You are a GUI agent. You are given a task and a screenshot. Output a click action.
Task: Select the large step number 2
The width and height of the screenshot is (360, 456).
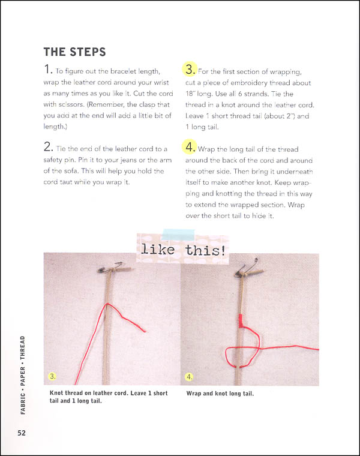pos(48,148)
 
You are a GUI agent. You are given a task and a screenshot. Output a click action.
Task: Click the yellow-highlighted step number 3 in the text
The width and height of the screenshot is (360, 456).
pos(190,71)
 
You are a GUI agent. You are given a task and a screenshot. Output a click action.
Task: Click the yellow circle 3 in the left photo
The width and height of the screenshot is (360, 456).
pos(53,377)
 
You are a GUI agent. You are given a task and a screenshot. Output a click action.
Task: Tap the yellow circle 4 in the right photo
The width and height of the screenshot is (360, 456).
pos(190,377)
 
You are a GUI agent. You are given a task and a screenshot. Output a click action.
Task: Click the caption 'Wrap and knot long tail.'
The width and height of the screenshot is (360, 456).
pos(220,394)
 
